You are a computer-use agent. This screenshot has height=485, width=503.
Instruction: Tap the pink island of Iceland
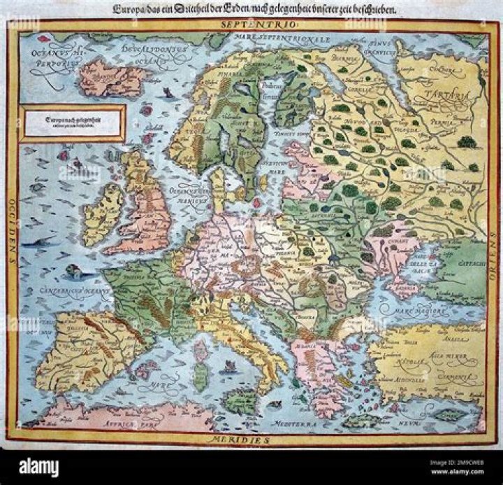click(111, 78)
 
